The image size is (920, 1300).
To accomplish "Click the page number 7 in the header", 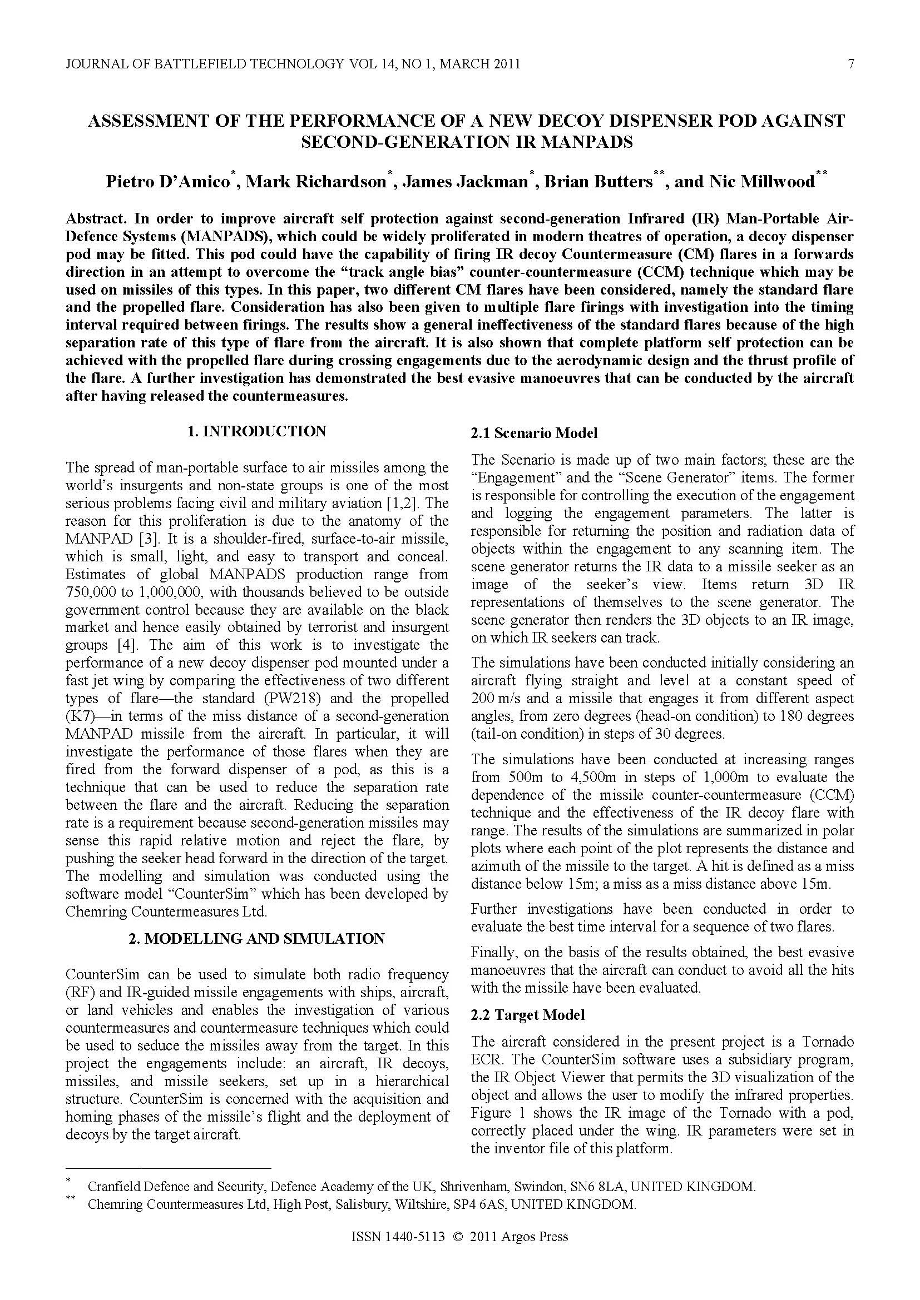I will click(850, 64).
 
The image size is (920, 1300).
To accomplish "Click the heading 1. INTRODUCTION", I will click(256, 431).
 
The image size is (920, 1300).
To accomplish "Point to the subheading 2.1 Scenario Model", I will click(533, 434).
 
